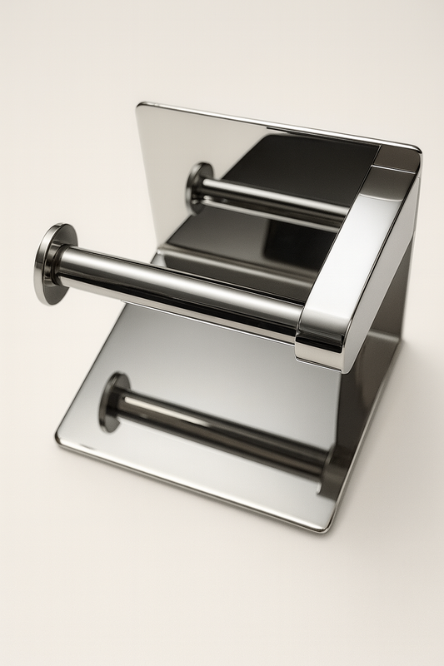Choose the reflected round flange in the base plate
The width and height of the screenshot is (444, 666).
point(114,400)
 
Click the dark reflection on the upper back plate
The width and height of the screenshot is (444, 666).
point(300,166)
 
